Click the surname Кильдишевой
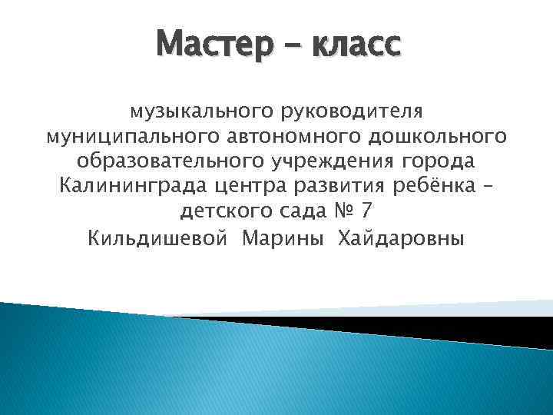pyautogui.click(x=158, y=238)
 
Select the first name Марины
pyautogui.click(x=281, y=238)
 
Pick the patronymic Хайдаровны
pyautogui.click(x=400, y=238)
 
